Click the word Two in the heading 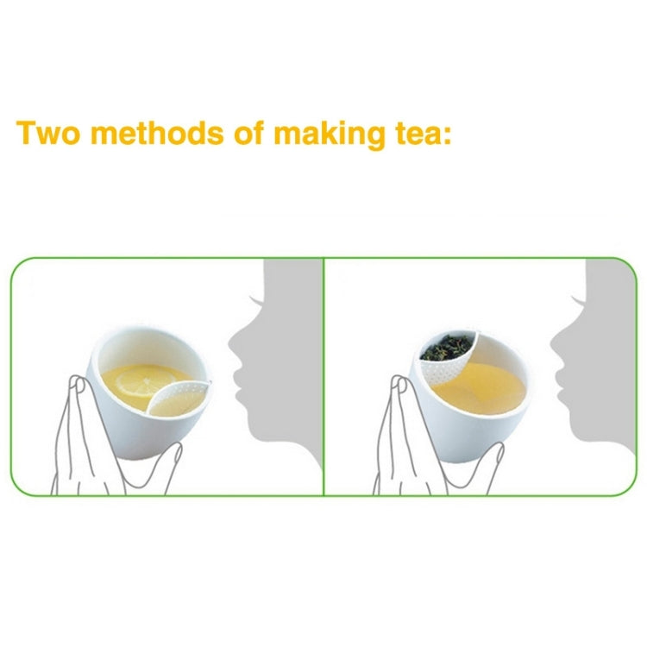[48, 135]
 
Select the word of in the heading [250, 135]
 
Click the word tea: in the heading [420, 135]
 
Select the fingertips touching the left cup [79, 384]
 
